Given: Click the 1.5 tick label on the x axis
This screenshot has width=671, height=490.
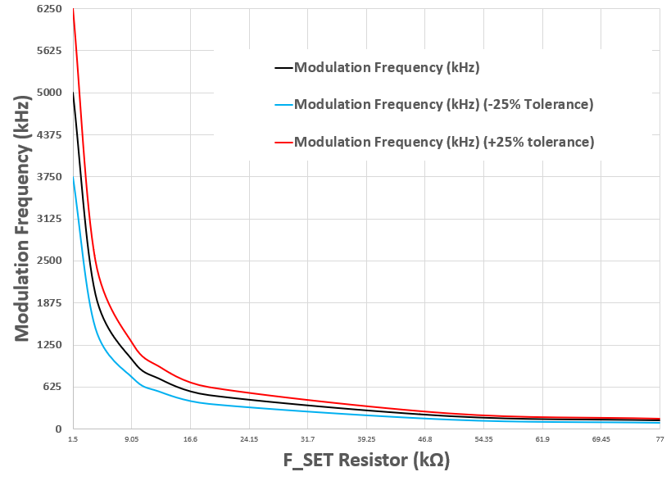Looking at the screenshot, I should (74, 440).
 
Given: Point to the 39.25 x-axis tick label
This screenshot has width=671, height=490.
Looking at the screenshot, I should (366, 440).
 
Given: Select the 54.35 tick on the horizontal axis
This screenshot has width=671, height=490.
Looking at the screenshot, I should (483, 440).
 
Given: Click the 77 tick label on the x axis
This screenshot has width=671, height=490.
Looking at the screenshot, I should (659, 440).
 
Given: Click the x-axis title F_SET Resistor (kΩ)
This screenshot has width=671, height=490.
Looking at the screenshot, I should (366, 461).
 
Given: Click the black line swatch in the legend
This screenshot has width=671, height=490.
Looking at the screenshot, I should (283, 67).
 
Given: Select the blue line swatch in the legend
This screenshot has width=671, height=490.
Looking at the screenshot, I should (283, 105).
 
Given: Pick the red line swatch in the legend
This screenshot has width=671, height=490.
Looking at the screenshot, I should (283, 143).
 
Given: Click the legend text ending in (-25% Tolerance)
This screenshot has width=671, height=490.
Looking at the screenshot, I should (443, 105).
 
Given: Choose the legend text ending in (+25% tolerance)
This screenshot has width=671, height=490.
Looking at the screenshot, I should (443, 143).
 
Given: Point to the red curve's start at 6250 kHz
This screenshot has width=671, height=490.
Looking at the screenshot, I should (74, 9).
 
